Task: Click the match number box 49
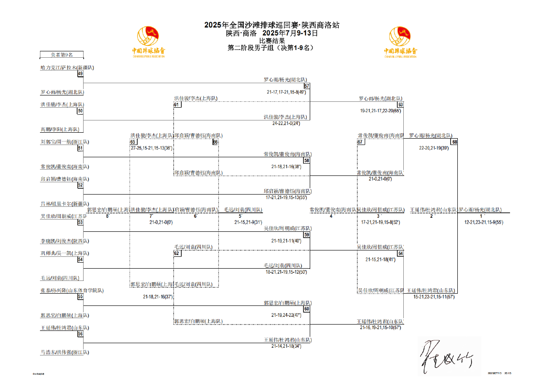pyautogui.click(x=80, y=74)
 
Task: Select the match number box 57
pyautogui.click(x=307, y=86)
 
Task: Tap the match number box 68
pyautogui.click(x=454, y=142)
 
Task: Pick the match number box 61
pyautogui.click(x=177, y=105)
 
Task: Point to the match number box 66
pyautogui.click(x=216, y=142)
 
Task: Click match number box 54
pyautogui.click(x=80, y=260)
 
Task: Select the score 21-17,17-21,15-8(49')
pyautogui.click(x=286, y=92)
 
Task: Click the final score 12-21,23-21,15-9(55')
pyautogui.click(x=483, y=223)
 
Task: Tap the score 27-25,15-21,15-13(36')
pyautogui.click(x=151, y=148)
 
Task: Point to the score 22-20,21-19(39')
pyautogui.click(x=434, y=148)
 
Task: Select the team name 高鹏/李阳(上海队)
pyautogui.click(x=59, y=130)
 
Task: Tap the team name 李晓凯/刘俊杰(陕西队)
pyautogui.click(x=64, y=241)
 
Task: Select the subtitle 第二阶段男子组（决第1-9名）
pyautogui.click(x=271, y=47)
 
